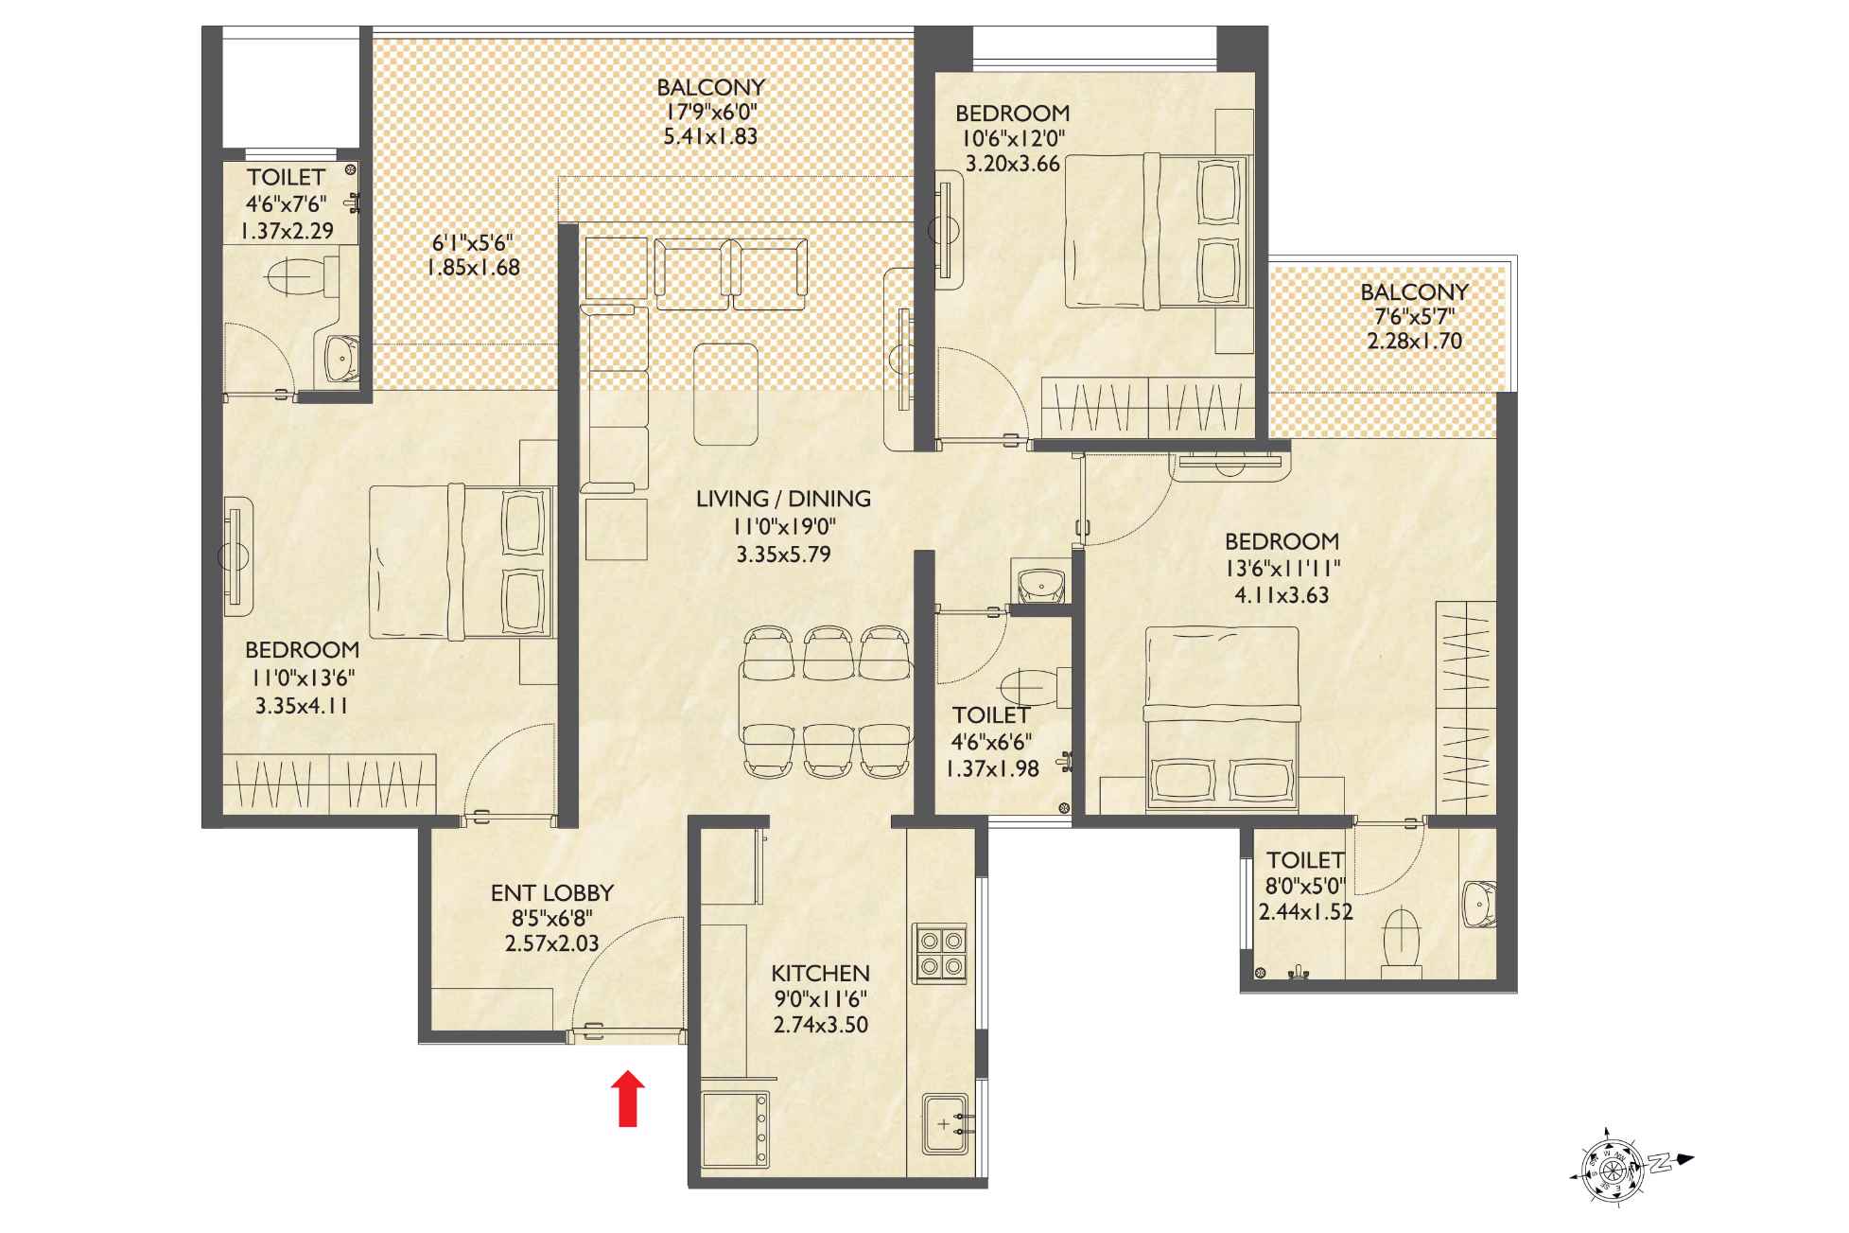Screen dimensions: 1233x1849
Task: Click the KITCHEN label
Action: [x=820, y=974]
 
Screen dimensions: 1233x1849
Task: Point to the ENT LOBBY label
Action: [x=552, y=892]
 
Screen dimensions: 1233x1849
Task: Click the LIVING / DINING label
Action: [x=783, y=499]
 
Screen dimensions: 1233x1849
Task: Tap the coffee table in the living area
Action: [x=725, y=394]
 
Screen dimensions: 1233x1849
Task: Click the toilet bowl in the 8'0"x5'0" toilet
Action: [x=1402, y=939]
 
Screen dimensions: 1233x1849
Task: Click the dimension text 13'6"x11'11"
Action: [x=1282, y=568]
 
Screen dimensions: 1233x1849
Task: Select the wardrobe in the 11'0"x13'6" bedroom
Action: [x=329, y=784]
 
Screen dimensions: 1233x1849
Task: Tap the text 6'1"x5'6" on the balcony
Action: [x=472, y=242]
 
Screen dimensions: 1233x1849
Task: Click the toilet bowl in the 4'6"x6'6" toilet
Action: [x=1033, y=683]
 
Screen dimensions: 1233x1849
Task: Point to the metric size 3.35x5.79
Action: [x=783, y=554]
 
